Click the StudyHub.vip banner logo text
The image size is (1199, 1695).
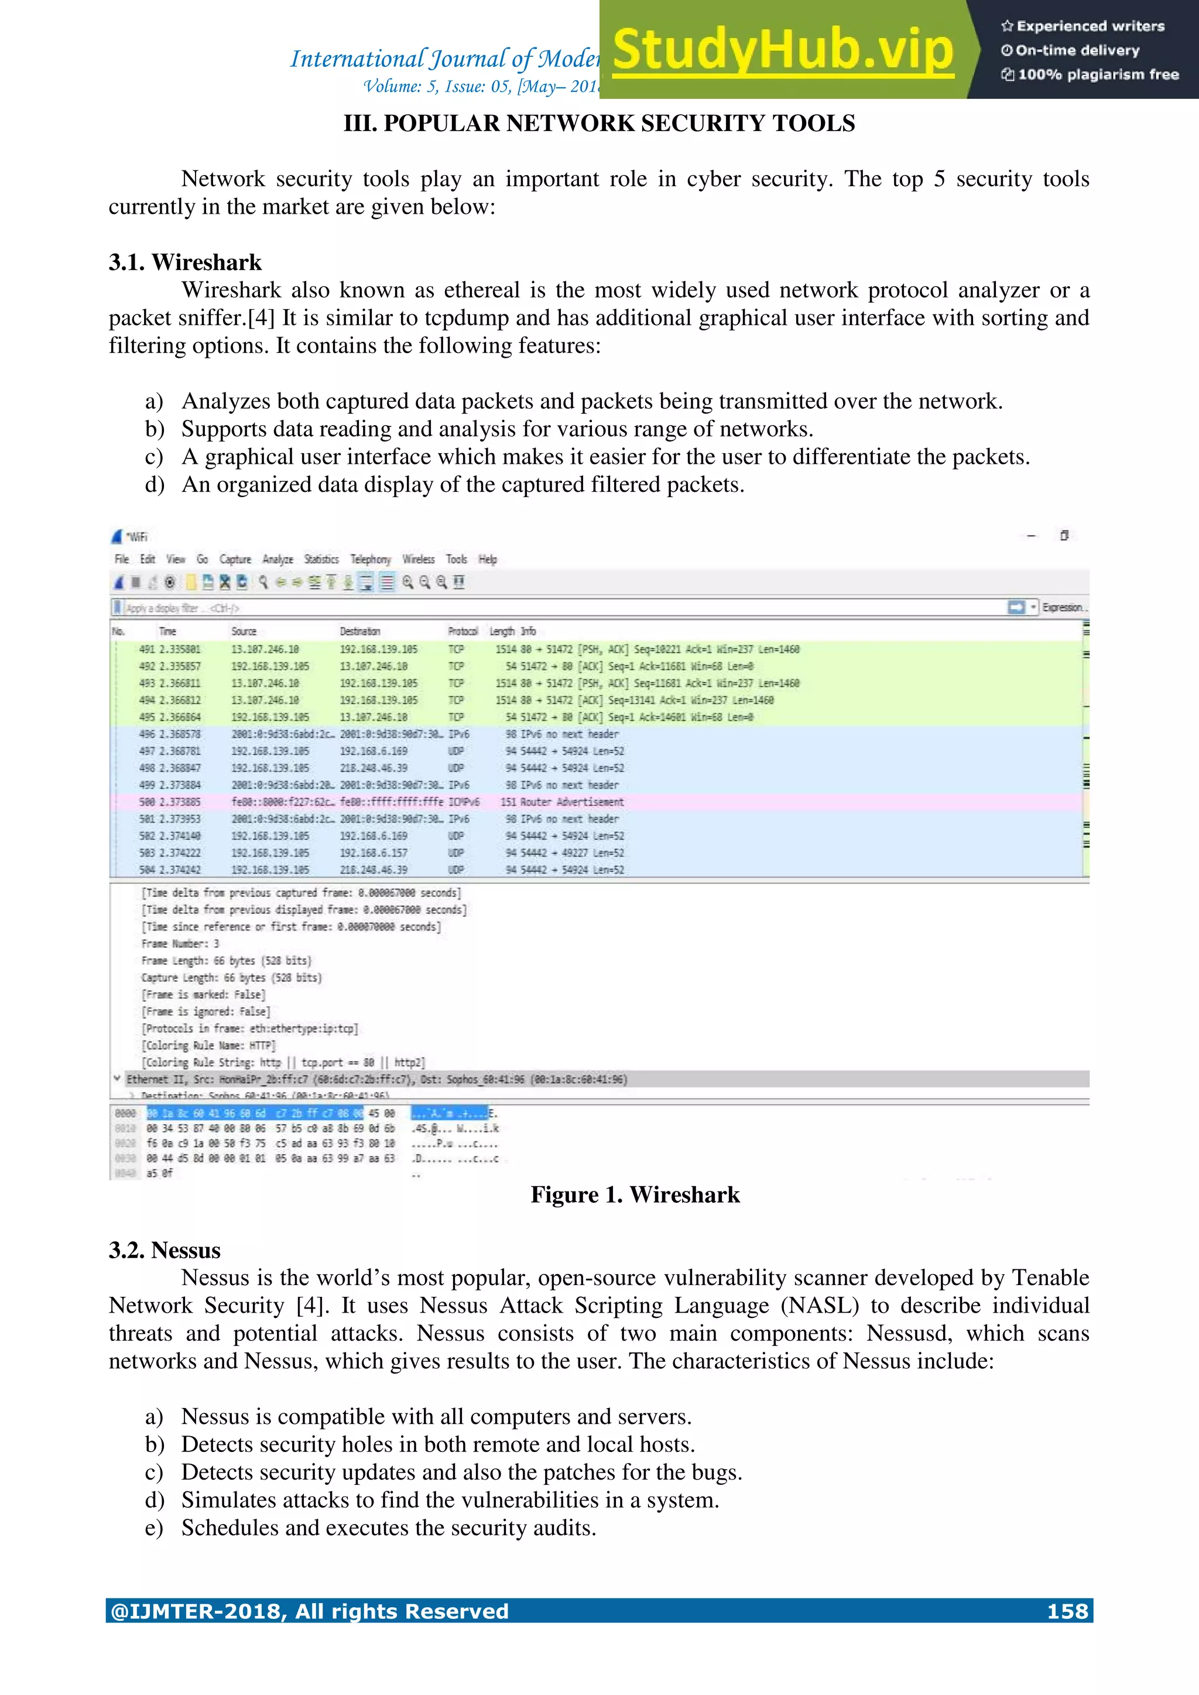click(x=783, y=50)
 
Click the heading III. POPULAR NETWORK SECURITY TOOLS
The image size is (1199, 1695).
click(x=599, y=124)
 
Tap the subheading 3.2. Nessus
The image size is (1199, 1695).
click(x=164, y=1250)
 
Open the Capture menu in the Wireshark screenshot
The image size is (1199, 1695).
click(x=235, y=560)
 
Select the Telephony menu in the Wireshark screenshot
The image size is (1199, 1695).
click(x=370, y=560)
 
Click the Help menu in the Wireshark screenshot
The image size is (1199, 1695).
click(x=487, y=560)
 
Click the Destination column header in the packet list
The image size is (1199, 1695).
click(x=359, y=631)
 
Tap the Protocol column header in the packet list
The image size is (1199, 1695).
click(x=462, y=631)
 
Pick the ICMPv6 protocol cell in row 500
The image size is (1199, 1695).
click(x=463, y=802)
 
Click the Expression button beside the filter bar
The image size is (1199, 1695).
click(x=1063, y=608)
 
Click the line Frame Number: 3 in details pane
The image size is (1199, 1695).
click(x=180, y=943)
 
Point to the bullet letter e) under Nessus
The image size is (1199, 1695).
click(x=153, y=1528)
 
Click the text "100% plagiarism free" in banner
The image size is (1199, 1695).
click(x=1097, y=74)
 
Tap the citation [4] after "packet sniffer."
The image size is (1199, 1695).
click(x=261, y=318)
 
